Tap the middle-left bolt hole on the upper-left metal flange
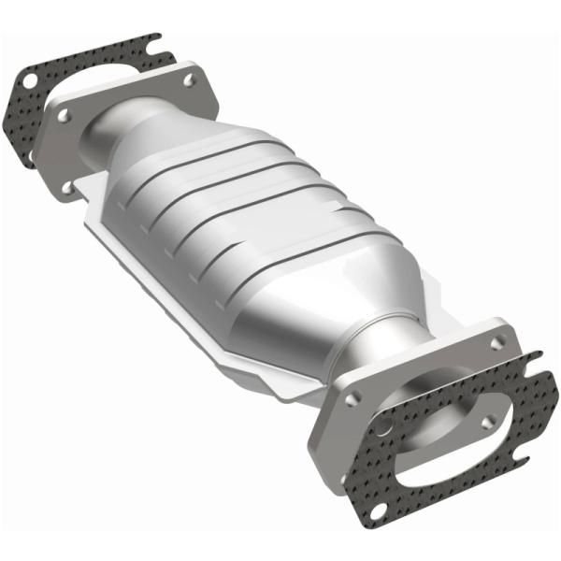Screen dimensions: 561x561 [x=65, y=117]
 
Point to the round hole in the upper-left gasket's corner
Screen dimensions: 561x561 [x=29, y=81]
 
